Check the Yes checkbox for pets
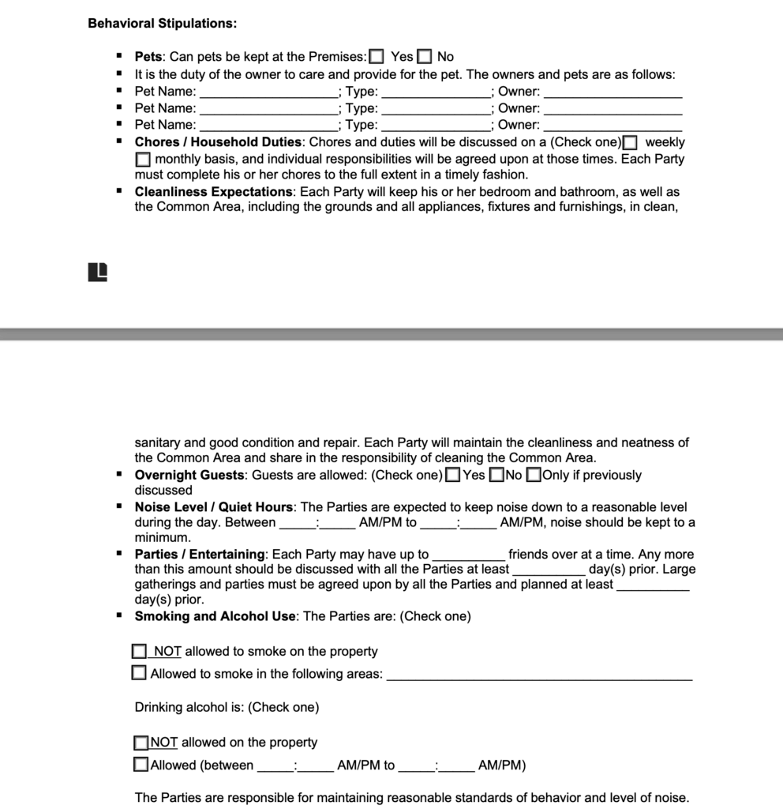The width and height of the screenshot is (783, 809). click(x=377, y=57)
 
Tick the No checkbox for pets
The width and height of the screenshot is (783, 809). click(x=425, y=57)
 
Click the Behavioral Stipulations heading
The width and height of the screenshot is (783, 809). click(x=162, y=23)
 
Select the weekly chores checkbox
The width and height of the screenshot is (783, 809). click(x=630, y=143)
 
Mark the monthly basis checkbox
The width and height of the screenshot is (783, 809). click(x=142, y=160)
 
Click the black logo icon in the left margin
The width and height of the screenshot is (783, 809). click(x=97, y=272)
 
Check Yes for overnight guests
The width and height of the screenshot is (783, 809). click(x=453, y=475)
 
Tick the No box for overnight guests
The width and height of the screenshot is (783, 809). click(x=496, y=475)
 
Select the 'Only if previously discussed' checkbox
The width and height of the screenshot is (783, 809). click(x=534, y=475)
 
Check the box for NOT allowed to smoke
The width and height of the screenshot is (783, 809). click(x=140, y=652)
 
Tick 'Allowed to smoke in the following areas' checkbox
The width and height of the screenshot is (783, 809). click(x=140, y=674)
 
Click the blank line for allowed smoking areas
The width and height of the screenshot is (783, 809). click(x=540, y=676)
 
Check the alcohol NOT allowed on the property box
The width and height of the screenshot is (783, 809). click(x=141, y=743)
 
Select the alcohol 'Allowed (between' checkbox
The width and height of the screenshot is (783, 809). click(x=141, y=765)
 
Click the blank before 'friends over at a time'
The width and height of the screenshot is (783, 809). click(x=469, y=556)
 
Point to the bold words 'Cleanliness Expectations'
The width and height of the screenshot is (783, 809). click(x=213, y=192)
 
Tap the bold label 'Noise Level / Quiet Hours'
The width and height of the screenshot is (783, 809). click(x=214, y=507)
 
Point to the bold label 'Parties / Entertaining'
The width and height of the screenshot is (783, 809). click(x=200, y=555)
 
